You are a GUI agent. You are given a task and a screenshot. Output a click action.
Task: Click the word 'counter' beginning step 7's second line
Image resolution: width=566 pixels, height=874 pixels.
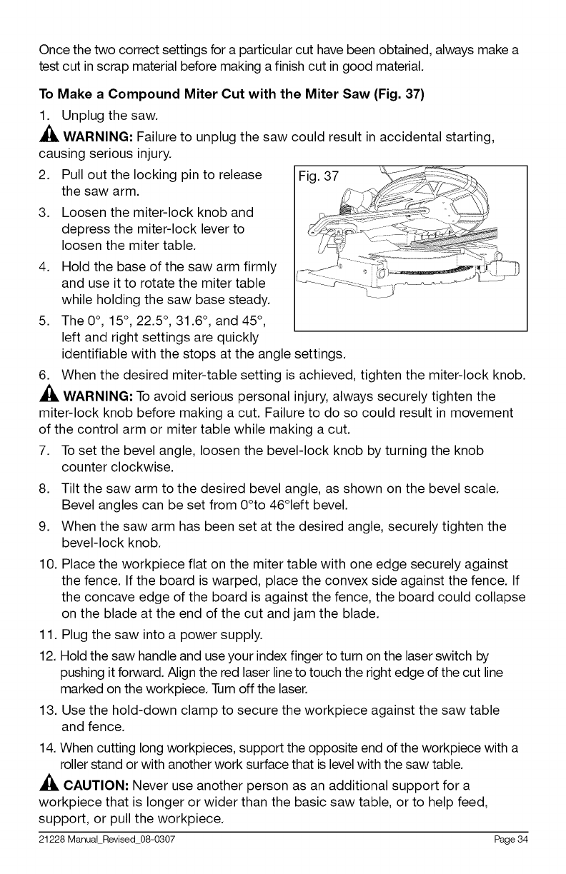point(85,468)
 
